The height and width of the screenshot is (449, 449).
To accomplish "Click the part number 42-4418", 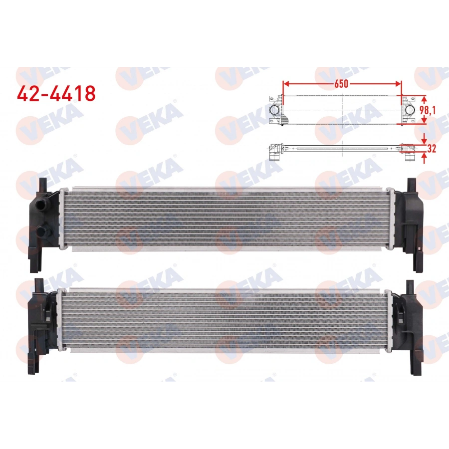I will point(56,93).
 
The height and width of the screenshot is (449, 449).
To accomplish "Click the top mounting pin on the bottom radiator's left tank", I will point(39,285).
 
